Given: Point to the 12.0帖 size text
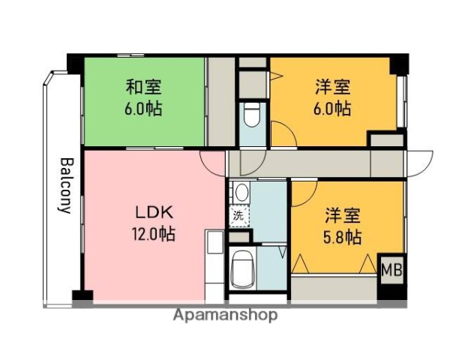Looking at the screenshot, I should tap(153, 234).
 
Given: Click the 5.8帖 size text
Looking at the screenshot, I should tap(343, 238).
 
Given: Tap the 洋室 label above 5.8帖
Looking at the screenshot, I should tap(343, 217).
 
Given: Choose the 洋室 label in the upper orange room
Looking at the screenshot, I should tap(331, 87).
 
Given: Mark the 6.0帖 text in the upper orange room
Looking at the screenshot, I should tap(331, 108).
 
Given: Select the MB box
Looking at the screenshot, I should tap(391, 268).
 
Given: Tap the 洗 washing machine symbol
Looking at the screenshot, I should tap(238, 215).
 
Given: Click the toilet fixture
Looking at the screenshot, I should tap(251, 116).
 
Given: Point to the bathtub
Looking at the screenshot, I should tap(244, 268).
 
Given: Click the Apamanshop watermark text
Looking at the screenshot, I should tap(225, 316).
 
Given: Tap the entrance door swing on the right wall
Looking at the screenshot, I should tap(420, 162).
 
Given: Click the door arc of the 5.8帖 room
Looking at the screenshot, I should tap(304, 190).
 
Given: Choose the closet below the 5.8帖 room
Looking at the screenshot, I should tap(334, 287).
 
